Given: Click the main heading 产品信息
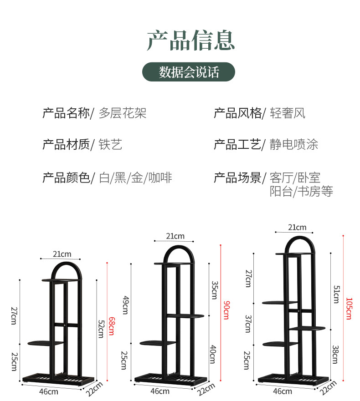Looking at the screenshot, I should (190, 40).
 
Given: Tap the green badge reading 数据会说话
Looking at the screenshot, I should (189, 72).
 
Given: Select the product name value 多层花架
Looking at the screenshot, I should (123, 113).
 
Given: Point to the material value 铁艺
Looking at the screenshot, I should (110, 145).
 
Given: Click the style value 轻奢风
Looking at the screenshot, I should (288, 113).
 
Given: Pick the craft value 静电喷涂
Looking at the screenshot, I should (294, 145).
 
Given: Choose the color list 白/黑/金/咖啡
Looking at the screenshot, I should (135, 178).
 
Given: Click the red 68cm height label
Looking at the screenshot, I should (111, 325).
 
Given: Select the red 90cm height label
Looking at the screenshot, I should (225, 310).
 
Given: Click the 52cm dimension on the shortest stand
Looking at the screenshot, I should (101, 327).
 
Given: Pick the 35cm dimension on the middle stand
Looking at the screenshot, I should (214, 289).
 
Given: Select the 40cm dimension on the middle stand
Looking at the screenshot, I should (214, 354).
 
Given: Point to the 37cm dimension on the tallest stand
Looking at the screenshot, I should (248, 324).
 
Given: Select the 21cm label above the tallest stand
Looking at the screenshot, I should (297, 228).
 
